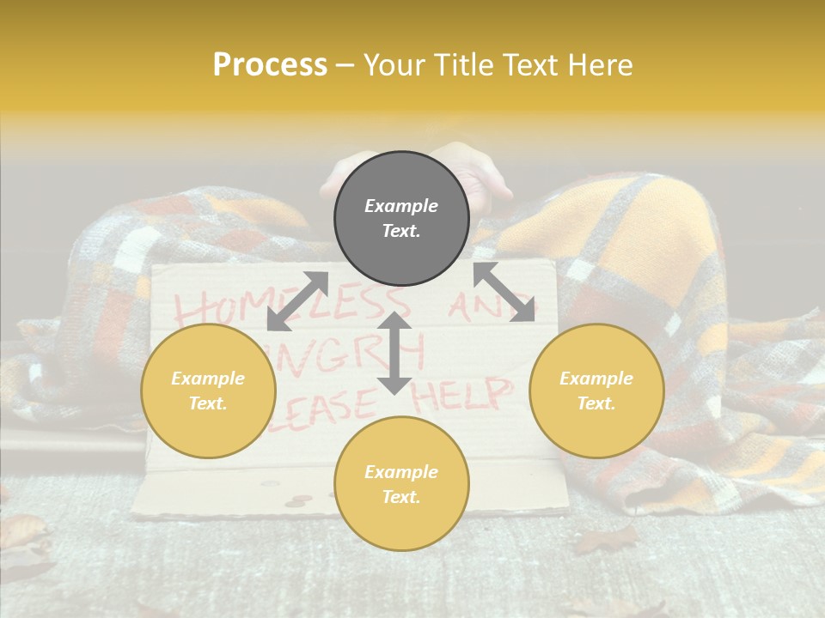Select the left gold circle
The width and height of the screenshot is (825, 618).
click(x=208, y=391)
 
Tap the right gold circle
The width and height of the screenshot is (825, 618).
click(x=596, y=391)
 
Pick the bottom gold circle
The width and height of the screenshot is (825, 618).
click(x=401, y=484)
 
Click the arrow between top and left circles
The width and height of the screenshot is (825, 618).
click(x=297, y=300)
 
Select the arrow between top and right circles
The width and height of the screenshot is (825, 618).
click(x=504, y=292)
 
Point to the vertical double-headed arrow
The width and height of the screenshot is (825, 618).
click(x=394, y=353)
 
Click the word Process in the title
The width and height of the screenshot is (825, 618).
click(x=270, y=64)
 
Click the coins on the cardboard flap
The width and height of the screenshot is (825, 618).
click(x=296, y=499)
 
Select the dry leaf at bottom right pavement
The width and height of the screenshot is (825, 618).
click(x=606, y=539)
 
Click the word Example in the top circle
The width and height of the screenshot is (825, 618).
click(x=401, y=206)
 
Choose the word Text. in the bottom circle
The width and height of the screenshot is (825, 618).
click(x=401, y=497)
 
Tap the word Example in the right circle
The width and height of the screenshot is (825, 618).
click(x=596, y=379)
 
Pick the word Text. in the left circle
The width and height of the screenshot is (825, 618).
click(x=208, y=403)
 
